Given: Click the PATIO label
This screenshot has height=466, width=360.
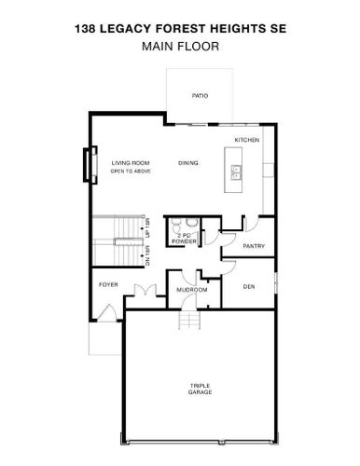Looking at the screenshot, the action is [x=200, y=96].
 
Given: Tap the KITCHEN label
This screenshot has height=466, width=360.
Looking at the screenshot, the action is [x=247, y=140].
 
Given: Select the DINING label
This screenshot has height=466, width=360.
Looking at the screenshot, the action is [x=188, y=163].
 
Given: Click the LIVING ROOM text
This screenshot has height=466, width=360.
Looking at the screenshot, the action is [x=131, y=163].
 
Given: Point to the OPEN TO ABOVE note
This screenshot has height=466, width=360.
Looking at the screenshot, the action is [x=131, y=171].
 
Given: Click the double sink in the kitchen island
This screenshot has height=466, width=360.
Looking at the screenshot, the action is [x=236, y=172].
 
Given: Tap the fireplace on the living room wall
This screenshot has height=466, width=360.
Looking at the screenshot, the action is [x=90, y=165].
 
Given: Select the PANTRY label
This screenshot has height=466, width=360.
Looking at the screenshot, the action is [x=254, y=246].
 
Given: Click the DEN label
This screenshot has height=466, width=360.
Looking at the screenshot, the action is [x=249, y=286].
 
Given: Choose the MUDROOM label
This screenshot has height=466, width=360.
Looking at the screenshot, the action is [x=192, y=290].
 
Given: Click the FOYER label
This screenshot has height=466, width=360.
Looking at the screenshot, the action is [x=108, y=284].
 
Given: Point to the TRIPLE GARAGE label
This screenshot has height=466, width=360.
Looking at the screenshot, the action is [x=200, y=389].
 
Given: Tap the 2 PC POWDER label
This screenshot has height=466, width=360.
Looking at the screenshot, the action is [x=184, y=239].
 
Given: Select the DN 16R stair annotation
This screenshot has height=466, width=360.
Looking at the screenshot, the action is [x=147, y=255].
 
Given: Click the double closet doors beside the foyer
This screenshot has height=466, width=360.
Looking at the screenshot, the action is [x=145, y=290].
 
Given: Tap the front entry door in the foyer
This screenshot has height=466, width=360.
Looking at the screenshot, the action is [x=107, y=313].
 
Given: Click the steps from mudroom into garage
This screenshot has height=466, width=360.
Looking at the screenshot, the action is [x=189, y=320].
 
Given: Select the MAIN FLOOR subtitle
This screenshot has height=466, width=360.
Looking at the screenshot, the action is [x=180, y=47].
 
